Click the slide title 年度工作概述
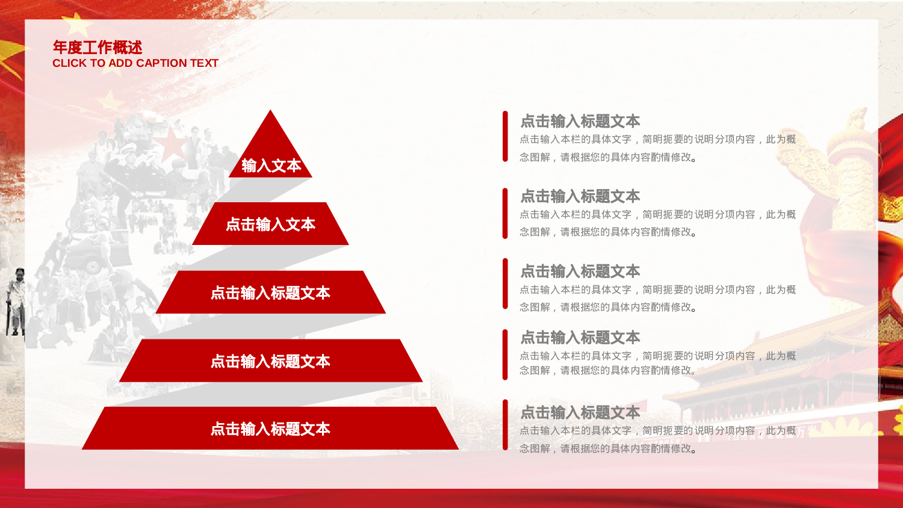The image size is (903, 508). click(x=97, y=47)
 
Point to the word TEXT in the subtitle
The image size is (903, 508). click(x=204, y=63)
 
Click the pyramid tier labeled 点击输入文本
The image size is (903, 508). click(x=270, y=224)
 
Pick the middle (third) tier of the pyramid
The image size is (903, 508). click(x=270, y=293)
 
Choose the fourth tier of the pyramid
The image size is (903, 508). click(x=270, y=361)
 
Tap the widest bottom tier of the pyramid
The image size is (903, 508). click(x=270, y=429)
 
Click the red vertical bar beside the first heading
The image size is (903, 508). click(x=505, y=137)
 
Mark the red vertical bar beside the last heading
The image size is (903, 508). click(x=505, y=425)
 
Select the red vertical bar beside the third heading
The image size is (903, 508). click(x=505, y=284)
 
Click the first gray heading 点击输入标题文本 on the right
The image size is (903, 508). click(x=580, y=121)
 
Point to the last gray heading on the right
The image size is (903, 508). click(x=580, y=412)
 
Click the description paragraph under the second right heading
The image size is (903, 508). click(x=657, y=223)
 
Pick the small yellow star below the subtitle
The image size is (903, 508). click(x=110, y=99)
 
